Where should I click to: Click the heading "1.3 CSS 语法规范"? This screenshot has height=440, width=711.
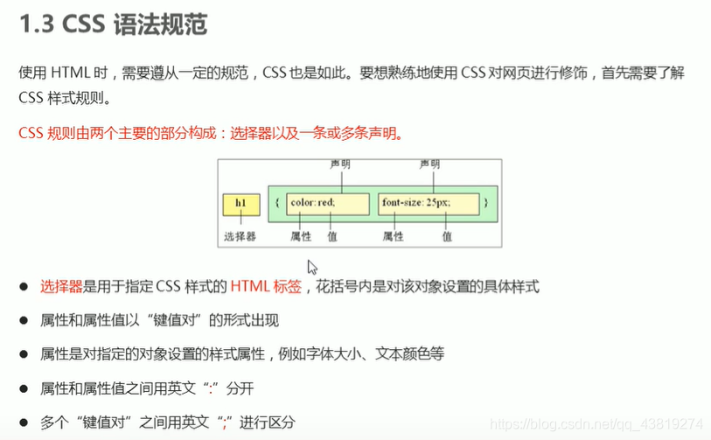coord(113,24)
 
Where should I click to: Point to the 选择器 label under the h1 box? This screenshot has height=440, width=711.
coord(239,236)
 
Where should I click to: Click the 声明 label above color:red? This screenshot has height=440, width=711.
coord(340,164)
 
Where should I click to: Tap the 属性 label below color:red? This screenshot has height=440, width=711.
coord(301,236)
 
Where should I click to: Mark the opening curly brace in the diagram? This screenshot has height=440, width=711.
coord(276,204)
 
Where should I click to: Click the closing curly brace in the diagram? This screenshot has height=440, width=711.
coord(485,204)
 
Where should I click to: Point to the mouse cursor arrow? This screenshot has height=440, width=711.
coord(311,267)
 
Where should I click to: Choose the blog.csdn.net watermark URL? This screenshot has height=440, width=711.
coord(597,423)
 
